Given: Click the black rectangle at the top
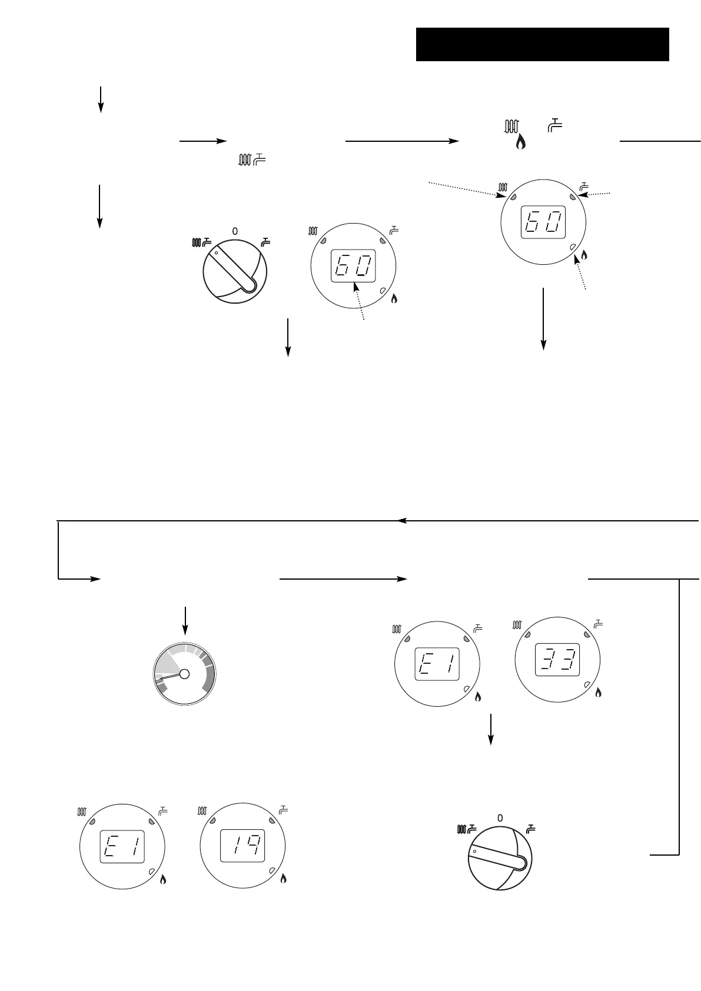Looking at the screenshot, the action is click(x=542, y=44).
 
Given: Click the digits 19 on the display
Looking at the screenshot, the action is click(x=242, y=846).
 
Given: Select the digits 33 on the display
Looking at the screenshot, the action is click(x=557, y=661).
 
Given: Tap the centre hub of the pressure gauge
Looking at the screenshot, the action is click(x=184, y=674).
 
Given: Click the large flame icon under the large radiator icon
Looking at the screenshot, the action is click(x=520, y=142).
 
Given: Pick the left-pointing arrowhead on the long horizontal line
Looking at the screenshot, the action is click(x=402, y=520).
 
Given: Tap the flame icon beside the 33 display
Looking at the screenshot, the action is click(x=599, y=693).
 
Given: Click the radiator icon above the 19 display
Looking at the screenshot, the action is click(x=202, y=811).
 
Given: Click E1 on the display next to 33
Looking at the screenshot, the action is click(x=437, y=664).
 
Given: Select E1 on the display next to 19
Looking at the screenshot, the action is click(x=121, y=846).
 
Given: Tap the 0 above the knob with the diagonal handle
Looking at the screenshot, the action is click(x=235, y=232).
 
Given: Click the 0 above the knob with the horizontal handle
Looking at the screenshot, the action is click(x=500, y=818).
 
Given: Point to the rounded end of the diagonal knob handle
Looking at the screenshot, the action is click(x=251, y=285).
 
